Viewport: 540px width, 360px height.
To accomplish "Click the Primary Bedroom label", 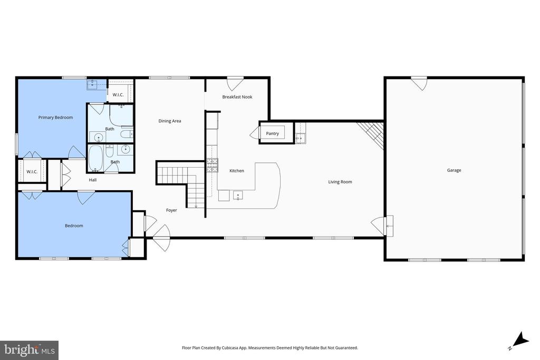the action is click(x=55, y=118).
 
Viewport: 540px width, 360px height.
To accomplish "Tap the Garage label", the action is click(x=454, y=170).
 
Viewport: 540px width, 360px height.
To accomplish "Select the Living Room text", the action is click(x=340, y=182).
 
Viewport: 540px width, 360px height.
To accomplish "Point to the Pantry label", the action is click(x=272, y=133).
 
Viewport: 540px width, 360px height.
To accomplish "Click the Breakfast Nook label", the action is click(x=237, y=97).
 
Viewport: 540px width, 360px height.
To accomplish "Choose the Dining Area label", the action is click(x=169, y=121).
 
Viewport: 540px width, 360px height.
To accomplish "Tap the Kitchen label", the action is click(x=237, y=171).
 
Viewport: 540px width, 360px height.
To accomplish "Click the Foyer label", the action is click(x=171, y=210).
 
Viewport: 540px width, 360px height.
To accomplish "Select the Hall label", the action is click(x=93, y=180).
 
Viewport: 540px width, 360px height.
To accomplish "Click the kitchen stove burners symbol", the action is click(x=212, y=165).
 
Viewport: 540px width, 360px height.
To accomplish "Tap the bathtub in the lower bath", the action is click(x=95, y=158).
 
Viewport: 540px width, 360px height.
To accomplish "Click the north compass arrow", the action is click(x=522, y=339).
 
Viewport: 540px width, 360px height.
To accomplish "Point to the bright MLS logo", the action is click(x=30, y=351).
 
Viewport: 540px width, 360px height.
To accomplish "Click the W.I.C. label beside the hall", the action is click(x=32, y=172).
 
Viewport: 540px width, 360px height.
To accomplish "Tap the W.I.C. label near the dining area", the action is click(x=118, y=95).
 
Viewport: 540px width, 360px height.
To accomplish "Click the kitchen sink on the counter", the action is click(x=238, y=196).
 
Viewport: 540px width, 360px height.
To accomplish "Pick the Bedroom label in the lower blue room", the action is click(x=74, y=226).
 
